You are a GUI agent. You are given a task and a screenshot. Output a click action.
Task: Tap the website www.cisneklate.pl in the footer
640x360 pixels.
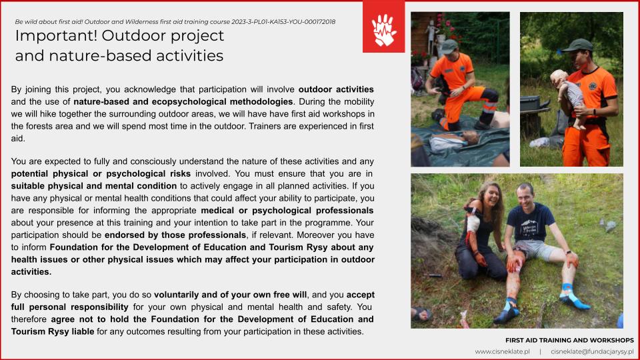pyautogui.click(x=502, y=351)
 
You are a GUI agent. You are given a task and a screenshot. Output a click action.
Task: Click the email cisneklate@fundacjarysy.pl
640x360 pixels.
pyautogui.click(x=591, y=351)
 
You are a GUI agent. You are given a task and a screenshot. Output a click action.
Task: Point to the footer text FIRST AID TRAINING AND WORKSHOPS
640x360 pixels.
pyautogui.click(x=569, y=341)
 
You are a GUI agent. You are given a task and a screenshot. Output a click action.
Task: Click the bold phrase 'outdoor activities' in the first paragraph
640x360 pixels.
pyautogui.click(x=336, y=89)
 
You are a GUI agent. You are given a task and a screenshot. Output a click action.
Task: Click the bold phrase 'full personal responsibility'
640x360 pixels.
pyautogui.click(x=70, y=307)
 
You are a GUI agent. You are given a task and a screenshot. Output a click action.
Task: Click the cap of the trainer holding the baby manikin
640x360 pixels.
pyautogui.click(x=577, y=45)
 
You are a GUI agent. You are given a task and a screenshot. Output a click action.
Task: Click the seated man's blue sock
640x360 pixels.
pyautogui.click(x=574, y=296)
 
